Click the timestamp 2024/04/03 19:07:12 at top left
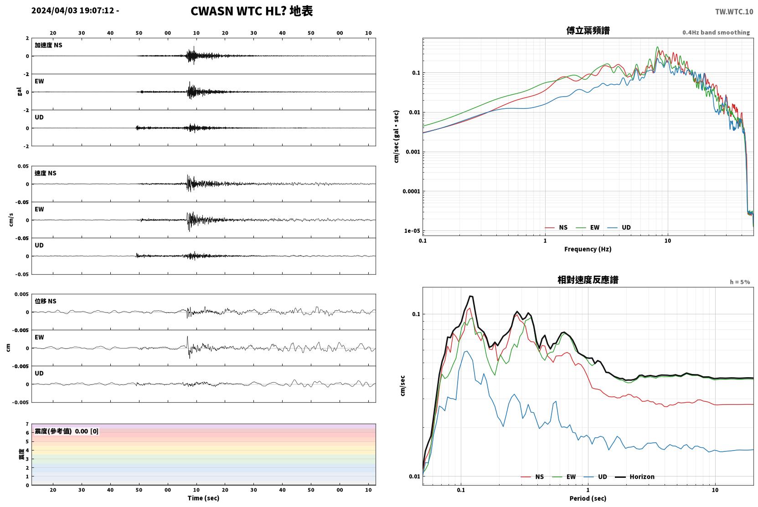coord(73,10)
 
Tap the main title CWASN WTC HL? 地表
coord(252,11)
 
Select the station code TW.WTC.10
coord(734,12)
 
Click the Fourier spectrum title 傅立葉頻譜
coord(588,31)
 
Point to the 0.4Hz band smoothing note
coord(716,32)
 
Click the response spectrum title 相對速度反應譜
coord(588,280)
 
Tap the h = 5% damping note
coord(740,282)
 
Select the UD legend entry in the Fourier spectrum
coord(619,228)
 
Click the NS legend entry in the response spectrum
coord(532,477)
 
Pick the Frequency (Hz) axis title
coord(588,249)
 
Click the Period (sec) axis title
coord(588,498)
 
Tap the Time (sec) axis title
coord(203,498)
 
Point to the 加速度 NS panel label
coord(48,45)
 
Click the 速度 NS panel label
coord(45,173)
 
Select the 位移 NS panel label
coord(45,302)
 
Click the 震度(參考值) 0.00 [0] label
coord(67,431)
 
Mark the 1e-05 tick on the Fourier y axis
coord(412,231)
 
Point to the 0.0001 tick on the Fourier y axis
coord(411,191)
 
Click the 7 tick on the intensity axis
coord(27,424)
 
